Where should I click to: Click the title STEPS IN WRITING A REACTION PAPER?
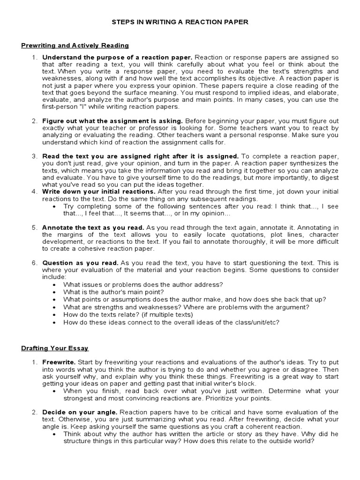point(180,22)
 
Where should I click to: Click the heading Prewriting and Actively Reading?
point(75,45)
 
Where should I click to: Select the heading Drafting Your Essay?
point(55,348)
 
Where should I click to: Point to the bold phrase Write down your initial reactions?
point(99,192)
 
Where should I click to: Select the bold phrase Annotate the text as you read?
point(94,227)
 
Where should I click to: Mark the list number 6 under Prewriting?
point(34,262)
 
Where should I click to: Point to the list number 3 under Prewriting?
point(34,156)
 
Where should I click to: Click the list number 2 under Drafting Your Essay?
point(34,412)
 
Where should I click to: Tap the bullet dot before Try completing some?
point(56,206)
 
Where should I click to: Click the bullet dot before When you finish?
point(56,390)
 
